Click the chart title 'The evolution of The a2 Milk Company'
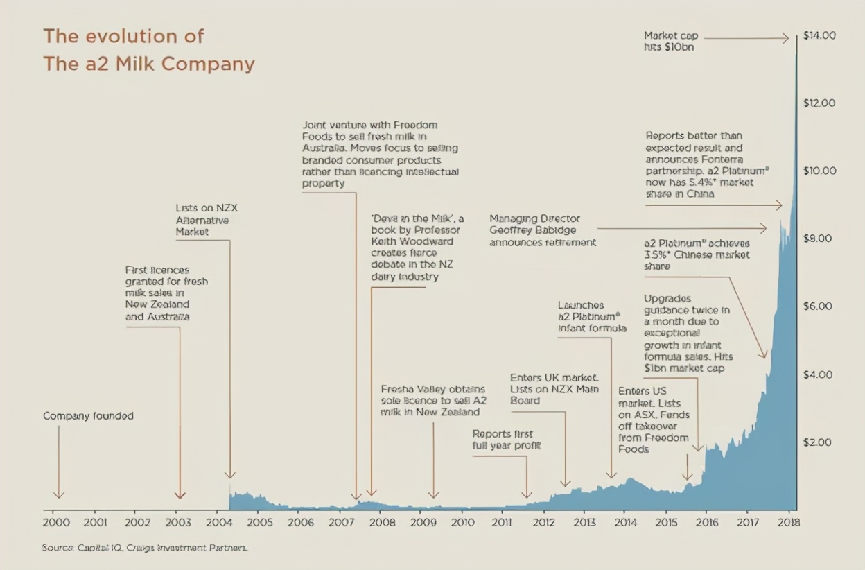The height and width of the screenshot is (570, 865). coord(148,50)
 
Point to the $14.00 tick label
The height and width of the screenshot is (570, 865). coord(819,35)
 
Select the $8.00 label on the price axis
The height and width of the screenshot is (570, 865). coord(819,239)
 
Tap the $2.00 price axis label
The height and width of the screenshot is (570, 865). coord(819,442)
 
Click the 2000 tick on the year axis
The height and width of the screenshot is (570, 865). coord(56,522)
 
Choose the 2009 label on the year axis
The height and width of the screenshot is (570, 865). coord(422,522)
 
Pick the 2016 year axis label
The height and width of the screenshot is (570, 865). coord(706,522)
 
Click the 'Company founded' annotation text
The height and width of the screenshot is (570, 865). coord(88,416)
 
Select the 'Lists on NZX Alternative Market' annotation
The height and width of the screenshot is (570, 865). coord(207,220)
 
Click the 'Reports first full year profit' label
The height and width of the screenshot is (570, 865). coord(506,440)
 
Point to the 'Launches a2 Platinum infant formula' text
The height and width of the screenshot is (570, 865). coord(591,316)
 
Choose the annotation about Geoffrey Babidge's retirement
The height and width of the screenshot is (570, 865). coord(542,231)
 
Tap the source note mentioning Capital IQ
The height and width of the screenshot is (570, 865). coord(144,548)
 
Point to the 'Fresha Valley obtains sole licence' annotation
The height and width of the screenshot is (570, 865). coord(432,400)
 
